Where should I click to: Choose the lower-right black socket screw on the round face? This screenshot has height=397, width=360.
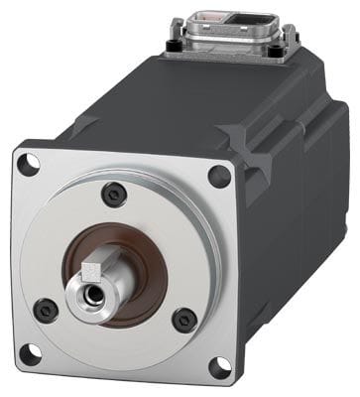(184, 320)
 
